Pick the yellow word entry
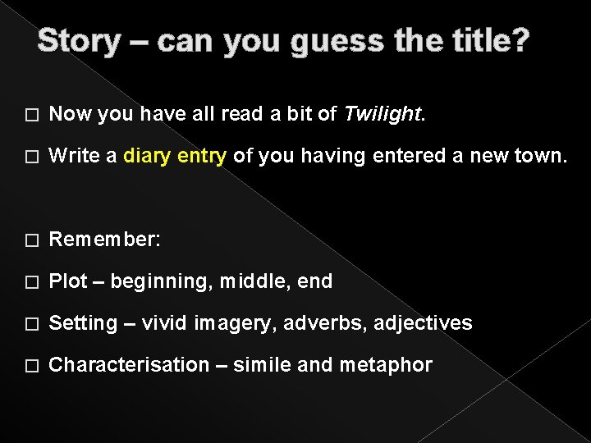[200, 157]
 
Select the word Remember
[103, 240]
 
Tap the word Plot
[67, 281]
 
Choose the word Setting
[82, 323]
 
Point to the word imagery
[237, 323]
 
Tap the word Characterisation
[128, 365]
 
